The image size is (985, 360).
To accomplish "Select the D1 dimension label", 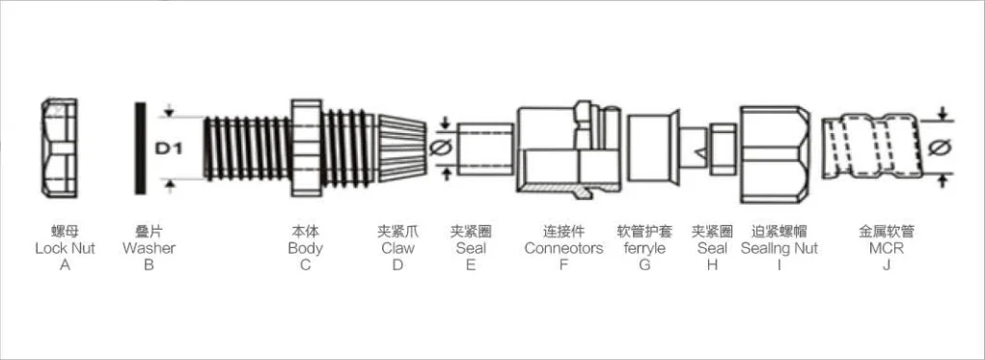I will [x=170, y=148].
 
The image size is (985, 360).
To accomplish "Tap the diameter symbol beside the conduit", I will [x=943, y=147].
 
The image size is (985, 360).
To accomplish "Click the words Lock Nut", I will [x=65, y=248].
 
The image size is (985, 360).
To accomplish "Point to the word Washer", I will [x=149, y=248].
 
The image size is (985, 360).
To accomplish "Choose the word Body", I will [x=305, y=248].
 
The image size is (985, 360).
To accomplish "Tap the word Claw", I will [x=397, y=248].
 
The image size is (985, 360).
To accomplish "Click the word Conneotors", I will [x=563, y=248].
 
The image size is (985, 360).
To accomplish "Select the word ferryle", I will [x=644, y=248].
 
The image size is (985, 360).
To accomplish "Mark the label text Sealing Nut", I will [x=780, y=248].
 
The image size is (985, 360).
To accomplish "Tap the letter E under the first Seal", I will [x=471, y=264].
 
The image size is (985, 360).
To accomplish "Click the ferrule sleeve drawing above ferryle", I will [x=648, y=145].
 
